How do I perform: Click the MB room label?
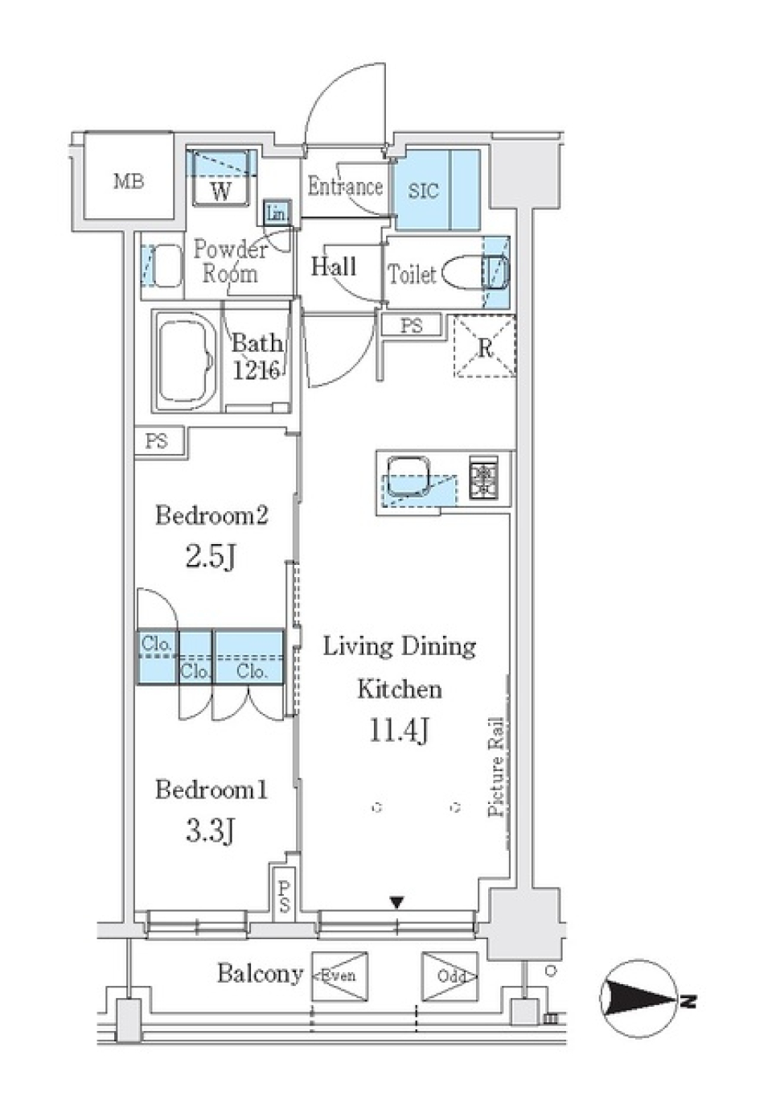coord(129,181)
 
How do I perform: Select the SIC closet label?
coord(423,191)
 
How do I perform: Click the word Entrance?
coord(345,187)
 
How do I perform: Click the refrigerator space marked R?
coord(485,348)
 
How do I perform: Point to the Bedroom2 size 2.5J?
coord(210,556)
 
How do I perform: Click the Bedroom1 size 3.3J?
coord(210,831)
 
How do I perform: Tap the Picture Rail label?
coord(496,767)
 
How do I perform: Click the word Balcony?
coord(259,974)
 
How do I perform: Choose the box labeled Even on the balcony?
coord(339,976)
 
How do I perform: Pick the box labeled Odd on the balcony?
coord(450,976)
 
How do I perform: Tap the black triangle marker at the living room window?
coord(396,902)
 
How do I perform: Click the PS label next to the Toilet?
coord(412,326)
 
